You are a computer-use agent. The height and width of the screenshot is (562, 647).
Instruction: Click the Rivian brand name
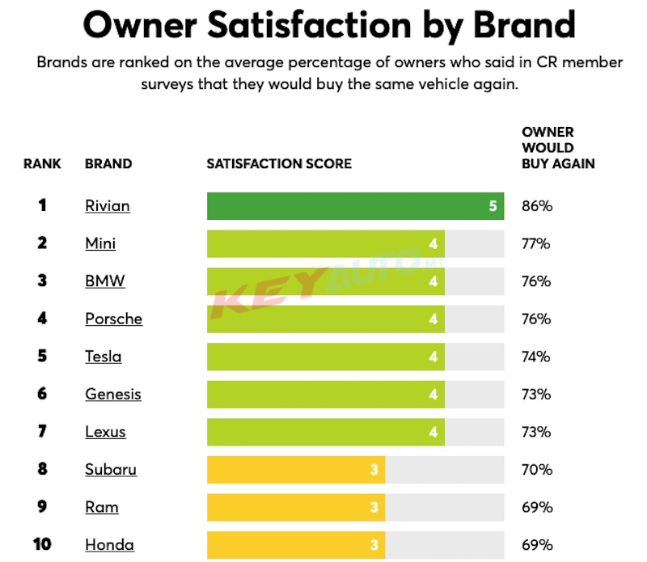tap(107, 206)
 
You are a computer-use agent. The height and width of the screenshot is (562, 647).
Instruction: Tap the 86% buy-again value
tap(537, 206)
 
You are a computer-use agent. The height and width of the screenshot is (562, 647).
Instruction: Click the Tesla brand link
tap(104, 357)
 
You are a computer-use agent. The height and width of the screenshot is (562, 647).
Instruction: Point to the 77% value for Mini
tap(537, 243)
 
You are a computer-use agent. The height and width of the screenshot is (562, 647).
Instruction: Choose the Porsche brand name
tap(113, 319)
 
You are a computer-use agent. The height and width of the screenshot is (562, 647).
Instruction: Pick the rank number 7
tap(42, 431)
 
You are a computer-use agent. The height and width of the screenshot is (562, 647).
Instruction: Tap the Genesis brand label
tap(113, 394)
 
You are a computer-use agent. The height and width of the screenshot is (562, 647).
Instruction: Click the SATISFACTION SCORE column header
tap(279, 163)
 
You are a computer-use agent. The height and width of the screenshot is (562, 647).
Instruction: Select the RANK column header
tap(42, 163)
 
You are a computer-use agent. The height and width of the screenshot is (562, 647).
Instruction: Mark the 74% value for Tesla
tap(537, 357)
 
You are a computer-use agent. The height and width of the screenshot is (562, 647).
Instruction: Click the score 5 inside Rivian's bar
tap(493, 206)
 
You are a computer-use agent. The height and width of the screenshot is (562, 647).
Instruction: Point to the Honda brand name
tap(109, 544)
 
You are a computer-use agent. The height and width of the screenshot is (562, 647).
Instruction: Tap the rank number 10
tap(42, 544)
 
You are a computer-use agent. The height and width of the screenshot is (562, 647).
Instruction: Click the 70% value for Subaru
tap(537, 469)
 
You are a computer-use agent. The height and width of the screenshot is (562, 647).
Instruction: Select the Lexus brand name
tap(105, 431)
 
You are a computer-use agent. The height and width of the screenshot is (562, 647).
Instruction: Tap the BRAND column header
tap(108, 163)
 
